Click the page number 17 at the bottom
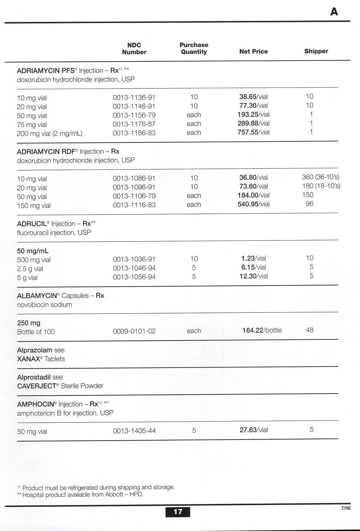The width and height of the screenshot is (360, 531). click(178, 512)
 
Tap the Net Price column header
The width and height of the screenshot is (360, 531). click(253, 51)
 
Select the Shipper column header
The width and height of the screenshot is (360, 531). click(316, 51)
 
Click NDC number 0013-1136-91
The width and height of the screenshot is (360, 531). click(134, 97)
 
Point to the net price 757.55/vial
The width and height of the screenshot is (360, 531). click(253, 132)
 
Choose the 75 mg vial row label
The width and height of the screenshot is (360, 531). click(32, 125)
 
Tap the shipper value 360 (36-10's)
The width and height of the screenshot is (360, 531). click(320, 177)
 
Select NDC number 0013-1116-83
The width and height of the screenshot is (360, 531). click(134, 205)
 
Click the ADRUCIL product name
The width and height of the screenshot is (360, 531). click(32, 224)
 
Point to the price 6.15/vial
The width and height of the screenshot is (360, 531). click(253, 267)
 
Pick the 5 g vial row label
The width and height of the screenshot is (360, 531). click(27, 278)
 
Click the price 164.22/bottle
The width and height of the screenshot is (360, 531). click(262, 330)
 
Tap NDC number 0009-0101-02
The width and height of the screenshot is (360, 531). click(134, 331)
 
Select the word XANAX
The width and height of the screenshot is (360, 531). click(28, 359)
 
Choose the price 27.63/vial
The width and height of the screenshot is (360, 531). click(253, 430)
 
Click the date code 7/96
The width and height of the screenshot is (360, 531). click(346, 508)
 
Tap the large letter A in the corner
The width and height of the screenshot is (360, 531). click(334, 12)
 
